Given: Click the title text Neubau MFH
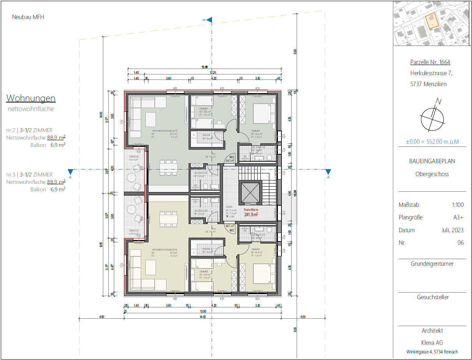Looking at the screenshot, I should point(28,17).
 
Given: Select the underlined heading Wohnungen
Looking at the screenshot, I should point(31,98).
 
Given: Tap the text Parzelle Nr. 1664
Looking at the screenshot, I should point(430,62).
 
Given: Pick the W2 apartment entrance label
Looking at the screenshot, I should point(231,229).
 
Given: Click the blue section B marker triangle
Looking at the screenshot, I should point(209,20).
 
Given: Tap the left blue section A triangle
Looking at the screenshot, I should point(71,172).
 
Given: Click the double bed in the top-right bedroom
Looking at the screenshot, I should point(262,113).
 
